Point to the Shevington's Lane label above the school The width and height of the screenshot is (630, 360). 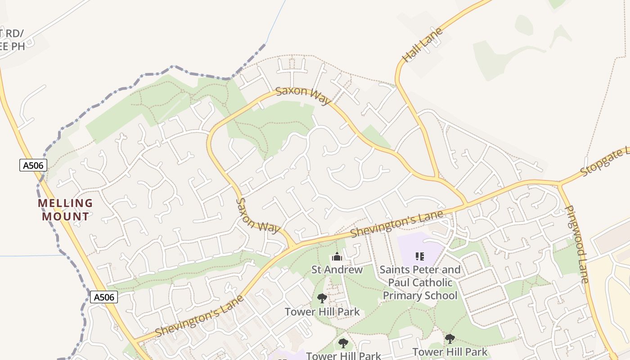(x=396, y=224)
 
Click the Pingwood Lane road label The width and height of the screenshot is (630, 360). (x=577, y=244)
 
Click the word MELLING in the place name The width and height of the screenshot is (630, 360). (x=65, y=203)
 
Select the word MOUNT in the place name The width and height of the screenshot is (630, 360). (x=66, y=216)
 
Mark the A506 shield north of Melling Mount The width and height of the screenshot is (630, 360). (x=33, y=165)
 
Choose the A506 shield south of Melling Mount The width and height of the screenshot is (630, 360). (x=103, y=297)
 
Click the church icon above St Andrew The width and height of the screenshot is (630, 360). (x=337, y=257)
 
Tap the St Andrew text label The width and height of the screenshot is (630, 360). (x=337, y=270)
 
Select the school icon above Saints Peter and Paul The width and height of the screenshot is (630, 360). (x=420, y=256)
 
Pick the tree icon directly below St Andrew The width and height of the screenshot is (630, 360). (x=322, y=298)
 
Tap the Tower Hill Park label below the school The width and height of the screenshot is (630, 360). (x=450, y=352)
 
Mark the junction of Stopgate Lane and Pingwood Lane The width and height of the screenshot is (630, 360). (x=559, y=184)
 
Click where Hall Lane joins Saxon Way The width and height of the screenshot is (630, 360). (x=435, y=177)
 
